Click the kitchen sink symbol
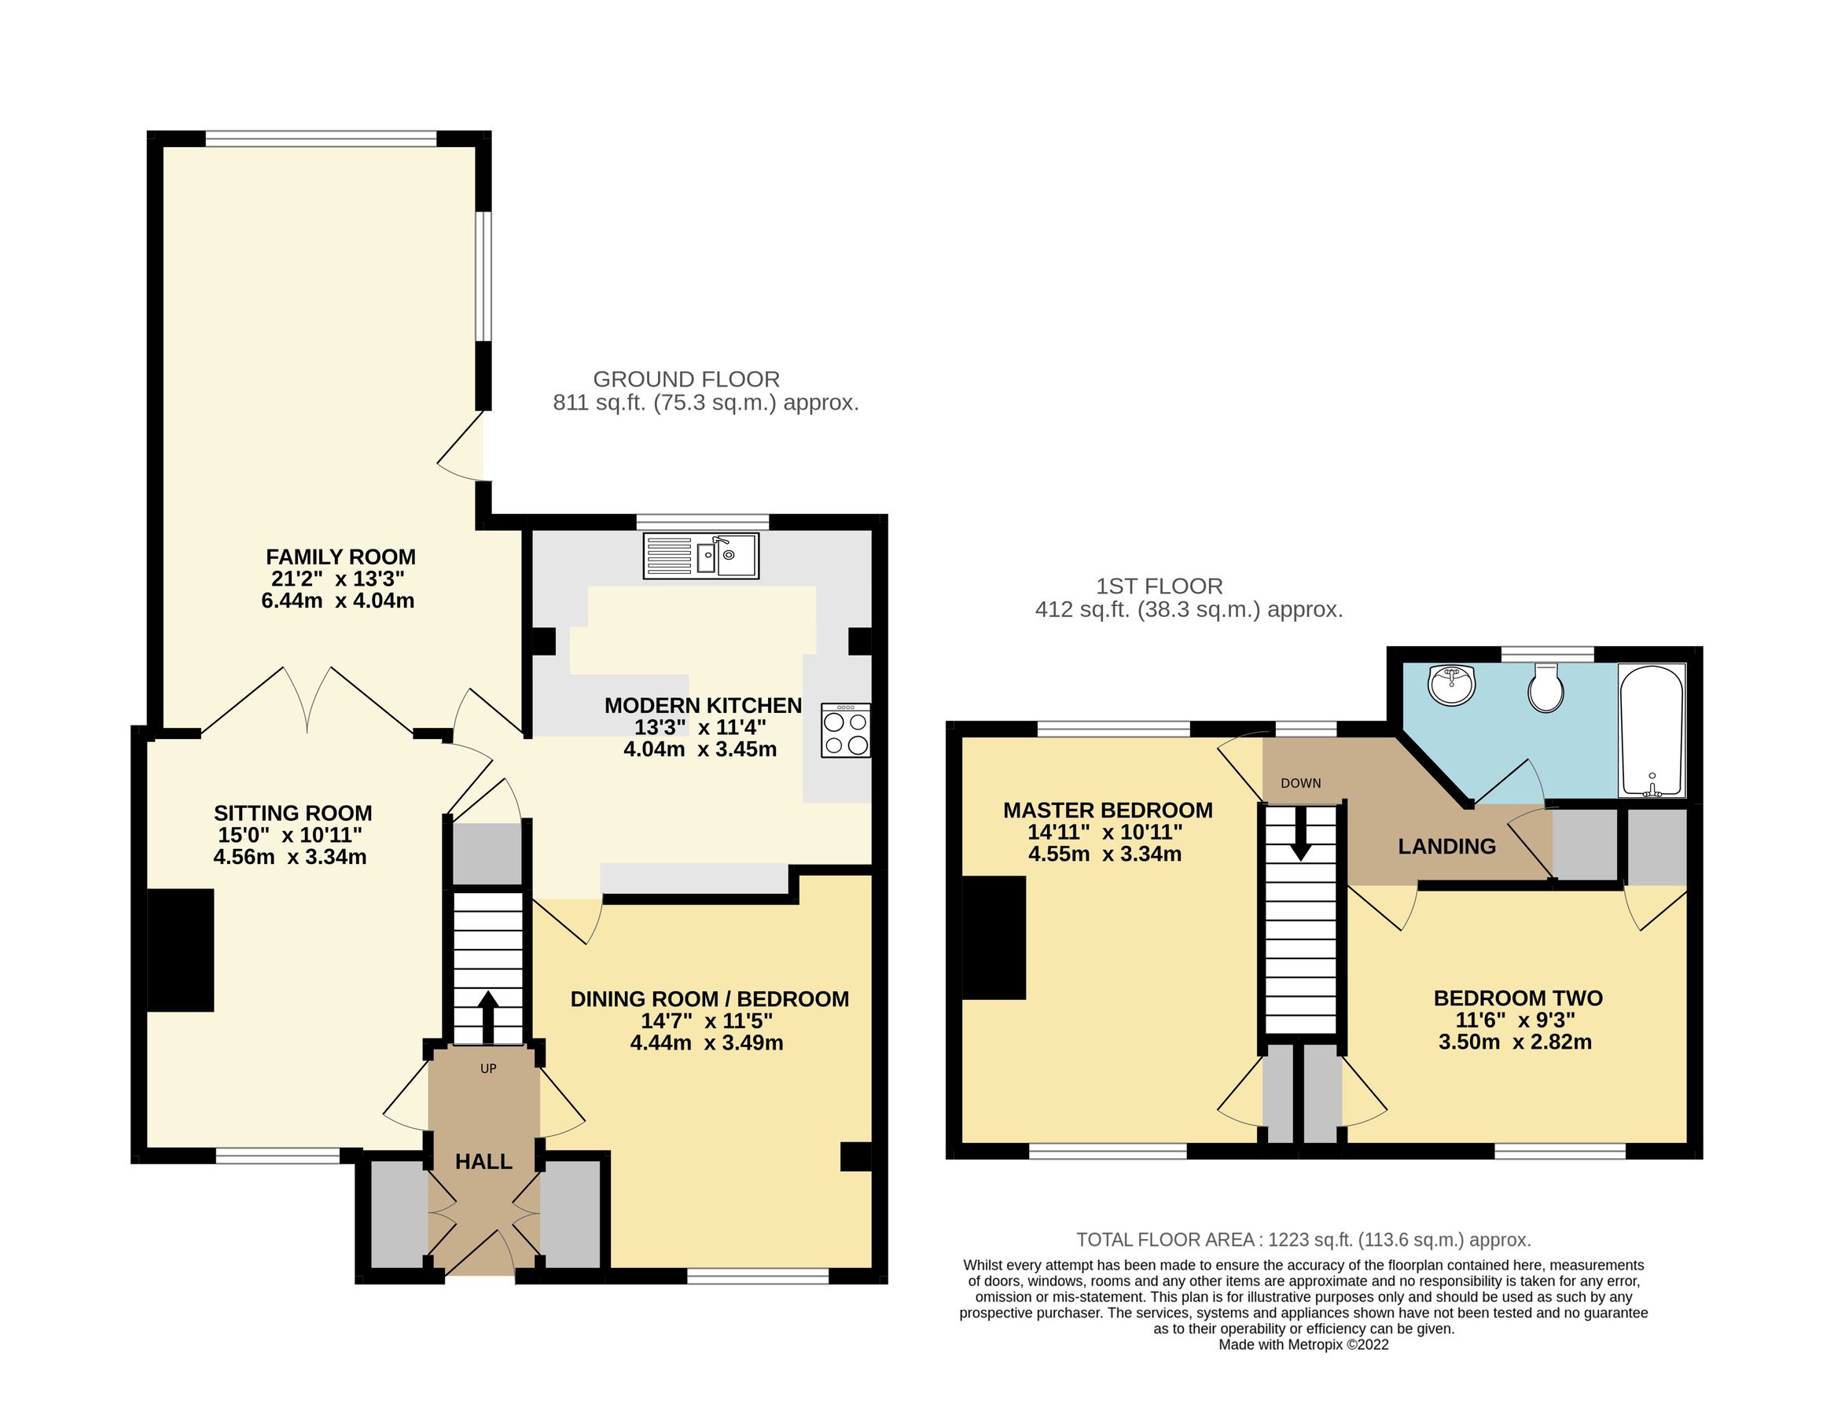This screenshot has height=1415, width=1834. tap(700, 556)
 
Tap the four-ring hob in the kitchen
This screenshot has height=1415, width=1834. tap(845, 730)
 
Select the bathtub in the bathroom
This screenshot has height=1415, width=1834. tap(1651, 730)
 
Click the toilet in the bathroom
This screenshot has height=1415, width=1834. tap(1545, 689)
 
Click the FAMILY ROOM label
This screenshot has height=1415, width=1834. tap(340, 557)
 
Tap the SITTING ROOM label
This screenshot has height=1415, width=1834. tap(292, 813)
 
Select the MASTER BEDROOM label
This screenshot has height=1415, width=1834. tap(1108, 810)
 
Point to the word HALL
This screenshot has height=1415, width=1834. tap(483, 1161)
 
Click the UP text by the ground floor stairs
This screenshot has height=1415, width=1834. tap(488, 1068)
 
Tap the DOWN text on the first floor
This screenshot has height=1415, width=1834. tap(1300, 783)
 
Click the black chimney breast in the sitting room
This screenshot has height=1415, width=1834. tap(180, 950)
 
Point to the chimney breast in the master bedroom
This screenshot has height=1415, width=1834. tap(994, 937)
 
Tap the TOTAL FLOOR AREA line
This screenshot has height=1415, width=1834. tap(1303, 1240)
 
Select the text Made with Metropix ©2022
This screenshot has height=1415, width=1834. tap(1303, 1344)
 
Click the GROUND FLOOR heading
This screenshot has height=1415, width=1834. tap(686, 379)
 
